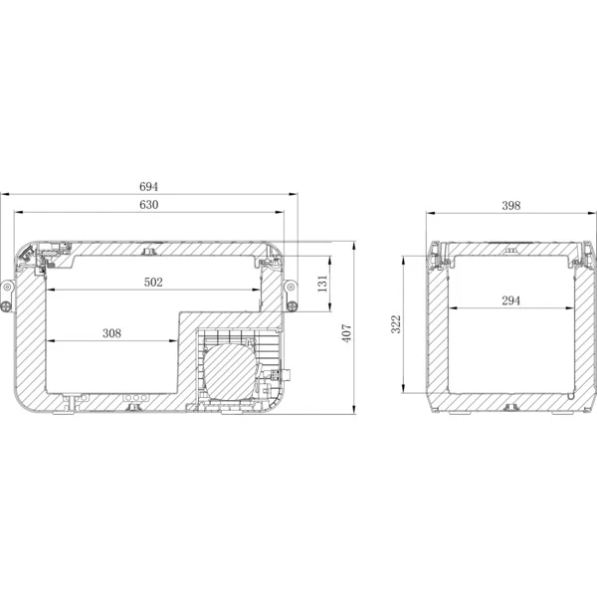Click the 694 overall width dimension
(x=148, y=187)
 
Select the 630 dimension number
(x=148, y=205)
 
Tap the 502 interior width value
(x=153, y=283)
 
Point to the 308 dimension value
(x=111, y=333)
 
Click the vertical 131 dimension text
(x=322, y=284)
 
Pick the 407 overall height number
(x=347, y=333)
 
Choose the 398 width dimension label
(x=511, y=206)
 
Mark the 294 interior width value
(x=511, y=300)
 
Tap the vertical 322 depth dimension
(x=396, y=324)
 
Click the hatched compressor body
(x=229, y=370)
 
